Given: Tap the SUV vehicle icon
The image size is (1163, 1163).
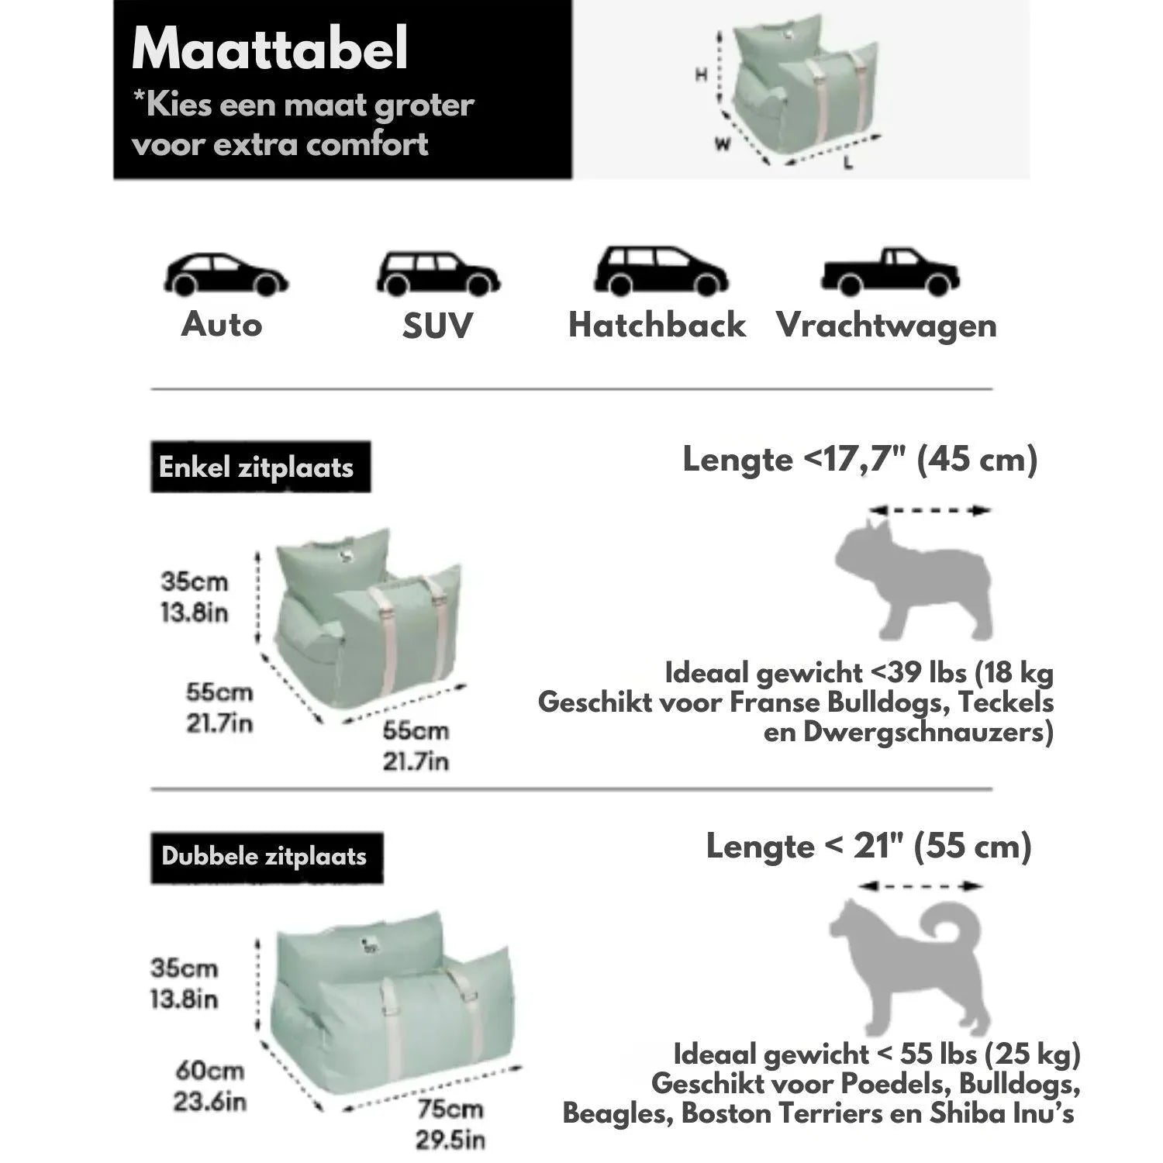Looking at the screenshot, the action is coord(438,274).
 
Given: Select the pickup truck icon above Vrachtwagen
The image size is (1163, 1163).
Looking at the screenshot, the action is coord(890,272).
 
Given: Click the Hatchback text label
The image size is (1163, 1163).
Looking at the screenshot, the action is coord(657,326).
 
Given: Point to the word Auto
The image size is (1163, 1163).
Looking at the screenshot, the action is coord(222,324).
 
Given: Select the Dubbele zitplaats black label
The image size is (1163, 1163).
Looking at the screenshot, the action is coord(266,857).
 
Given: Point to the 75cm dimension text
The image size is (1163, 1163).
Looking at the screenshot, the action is coord(450,1110).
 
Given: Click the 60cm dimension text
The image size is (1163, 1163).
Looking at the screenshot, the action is coord(209,1071).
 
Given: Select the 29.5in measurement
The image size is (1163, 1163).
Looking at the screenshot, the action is coord(450,1140).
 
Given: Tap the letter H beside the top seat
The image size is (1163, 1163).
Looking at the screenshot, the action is coord(701,75).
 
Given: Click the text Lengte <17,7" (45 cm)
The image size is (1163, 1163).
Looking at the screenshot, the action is coord(859,460).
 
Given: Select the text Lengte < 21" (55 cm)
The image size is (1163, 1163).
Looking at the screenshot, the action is coord(868,846).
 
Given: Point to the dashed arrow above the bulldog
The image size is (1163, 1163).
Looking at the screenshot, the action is coord(930,510).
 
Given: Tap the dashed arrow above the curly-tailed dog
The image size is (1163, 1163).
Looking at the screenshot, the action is coord(920,886).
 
